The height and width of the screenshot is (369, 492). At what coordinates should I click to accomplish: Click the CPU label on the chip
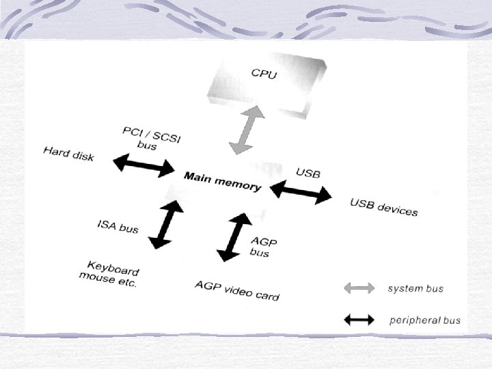(264, 73)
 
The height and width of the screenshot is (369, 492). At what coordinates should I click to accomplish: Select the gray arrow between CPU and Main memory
(245, 133)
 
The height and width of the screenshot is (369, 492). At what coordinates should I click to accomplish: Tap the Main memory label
(222, 181)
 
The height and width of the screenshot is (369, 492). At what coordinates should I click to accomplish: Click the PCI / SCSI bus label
(151, 137)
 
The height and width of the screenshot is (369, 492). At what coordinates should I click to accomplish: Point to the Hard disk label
(68, 153)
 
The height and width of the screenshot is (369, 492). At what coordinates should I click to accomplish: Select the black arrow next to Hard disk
(145, 165)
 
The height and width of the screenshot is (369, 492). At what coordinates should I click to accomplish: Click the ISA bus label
(118, 225)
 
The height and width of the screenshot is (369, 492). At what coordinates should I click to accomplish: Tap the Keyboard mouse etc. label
(110, 274)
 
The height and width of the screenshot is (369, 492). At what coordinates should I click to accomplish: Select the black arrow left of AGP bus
(234, 237)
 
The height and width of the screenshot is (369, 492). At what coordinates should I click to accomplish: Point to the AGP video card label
(237, 290)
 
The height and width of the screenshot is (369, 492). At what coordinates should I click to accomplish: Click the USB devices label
(383, 207)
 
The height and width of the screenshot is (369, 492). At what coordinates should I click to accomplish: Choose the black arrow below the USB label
(301, 192)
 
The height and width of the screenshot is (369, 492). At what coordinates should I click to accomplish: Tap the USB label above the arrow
(307, 172)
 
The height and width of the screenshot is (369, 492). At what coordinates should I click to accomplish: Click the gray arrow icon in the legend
(359, 288)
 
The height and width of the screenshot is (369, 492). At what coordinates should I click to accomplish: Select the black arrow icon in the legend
(359, 319)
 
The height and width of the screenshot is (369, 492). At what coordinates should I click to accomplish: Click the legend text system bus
(415, 288)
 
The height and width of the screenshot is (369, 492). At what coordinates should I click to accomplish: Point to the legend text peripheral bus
(424, 320)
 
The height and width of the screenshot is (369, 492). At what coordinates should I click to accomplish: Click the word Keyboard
(113, 268)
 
